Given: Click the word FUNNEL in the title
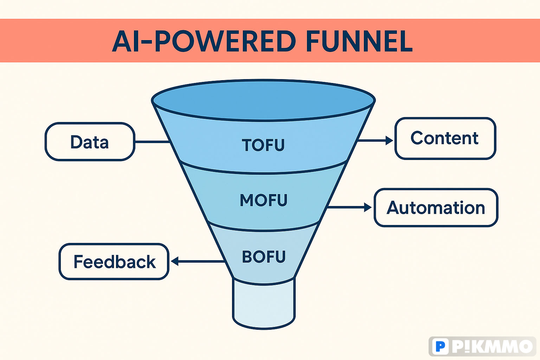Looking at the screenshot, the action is pyautogui.click(x=359, y=41).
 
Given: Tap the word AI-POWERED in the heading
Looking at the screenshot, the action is pyautogui.click(x=204, y=41).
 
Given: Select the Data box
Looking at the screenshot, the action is pyautogui.click(x=90, y=142).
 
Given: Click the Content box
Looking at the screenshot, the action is pyautogui.click(x=445, y=139).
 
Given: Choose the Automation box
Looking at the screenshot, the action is pyautogui.click(x=436, y=208).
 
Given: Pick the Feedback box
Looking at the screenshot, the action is pyautogui.click(x=114, y=262).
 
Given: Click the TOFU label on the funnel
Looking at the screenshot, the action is pyautogui.click(x=263, y=145).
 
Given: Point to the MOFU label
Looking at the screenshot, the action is pyautogui.click(x=263, y=200).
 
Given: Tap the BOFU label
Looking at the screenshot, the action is pyautogui.click(x=264, y=257).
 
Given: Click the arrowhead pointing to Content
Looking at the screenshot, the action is pyautogui.click(x=389, y=140).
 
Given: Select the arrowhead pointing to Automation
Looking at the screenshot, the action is pyautogui.click(x=368, y=207).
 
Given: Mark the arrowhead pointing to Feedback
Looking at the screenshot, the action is pyautogui.click(x=174, y=261).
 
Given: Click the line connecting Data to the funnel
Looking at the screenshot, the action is pyautogui.click(x=152, y=142).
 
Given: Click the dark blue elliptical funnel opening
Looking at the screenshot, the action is pyautogui.click(x=263, y=100).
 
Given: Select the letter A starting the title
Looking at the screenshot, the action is pyautogui.click(x=122, y=41).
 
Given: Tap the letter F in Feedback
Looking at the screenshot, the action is pyautogui.click(x=79, y=261).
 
